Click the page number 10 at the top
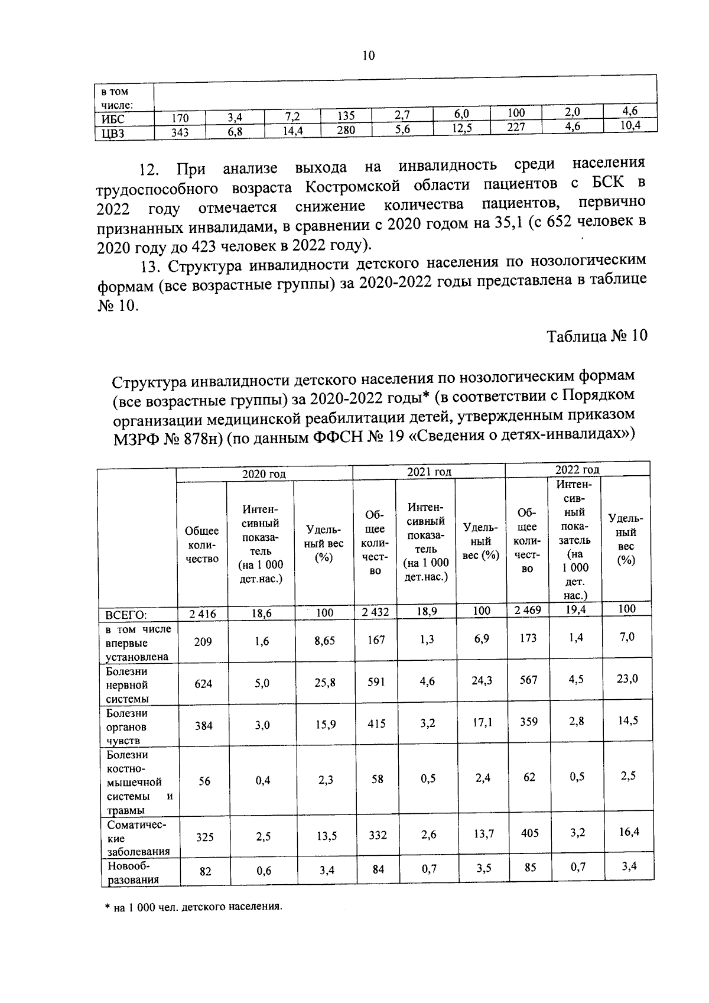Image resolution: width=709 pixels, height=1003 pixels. (x=367, y=56)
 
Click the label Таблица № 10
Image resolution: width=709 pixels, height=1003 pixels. (x=597, y=336)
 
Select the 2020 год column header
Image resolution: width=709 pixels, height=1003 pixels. (x=264, y=473)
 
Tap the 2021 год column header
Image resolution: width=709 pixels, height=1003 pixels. (x=429, y=471)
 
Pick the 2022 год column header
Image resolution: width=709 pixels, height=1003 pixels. (x=577, y=469)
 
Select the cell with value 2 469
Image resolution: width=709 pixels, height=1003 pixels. (x=527, y=610)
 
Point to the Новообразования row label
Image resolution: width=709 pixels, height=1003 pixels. (x=132, y=872)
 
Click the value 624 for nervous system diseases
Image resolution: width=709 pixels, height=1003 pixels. (x=204, y=683)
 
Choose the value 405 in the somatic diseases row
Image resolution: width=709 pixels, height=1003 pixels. (x=529, y=833)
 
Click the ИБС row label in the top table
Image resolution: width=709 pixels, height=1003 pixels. (x=113, y=119)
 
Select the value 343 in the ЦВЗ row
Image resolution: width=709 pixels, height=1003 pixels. (x=180, y=133)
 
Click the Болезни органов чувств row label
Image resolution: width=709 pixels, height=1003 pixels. (x=126, y=727)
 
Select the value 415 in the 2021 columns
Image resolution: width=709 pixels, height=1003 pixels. (x=376, y=723)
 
